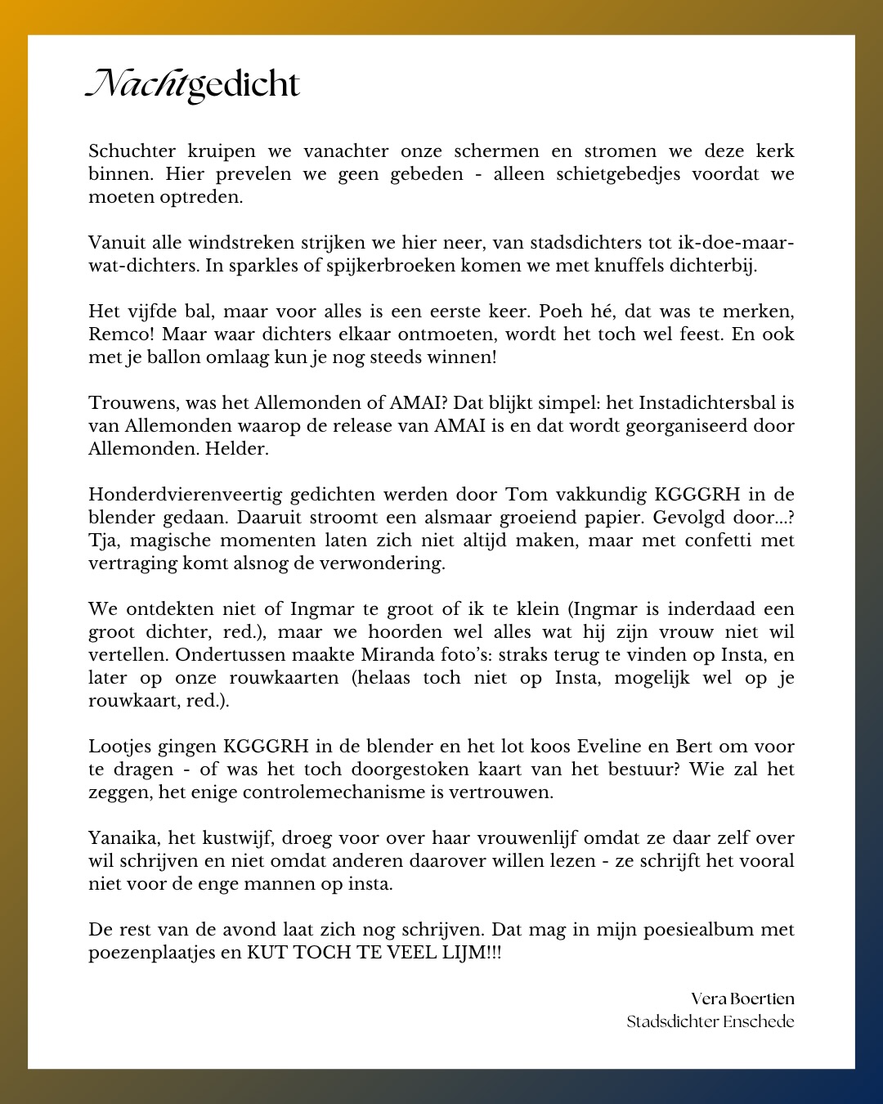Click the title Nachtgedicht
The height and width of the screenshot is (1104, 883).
(x=194, y=84)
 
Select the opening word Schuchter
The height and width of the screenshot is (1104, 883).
(x=132, y=151)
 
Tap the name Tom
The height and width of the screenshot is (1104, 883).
(x=527, y=495)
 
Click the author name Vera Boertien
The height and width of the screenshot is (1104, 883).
(x=742, y=999)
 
